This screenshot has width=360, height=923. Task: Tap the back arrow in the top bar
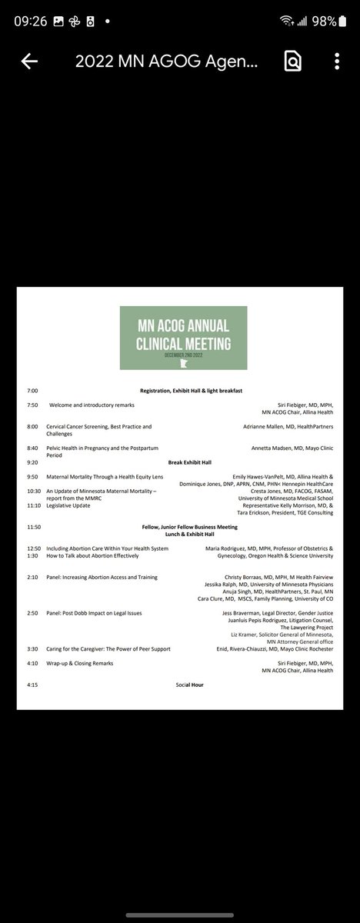coord(29,62)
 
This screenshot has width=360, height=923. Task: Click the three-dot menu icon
coord(337,62)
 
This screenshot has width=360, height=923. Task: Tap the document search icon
coord(292,62)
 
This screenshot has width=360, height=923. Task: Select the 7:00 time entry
coord(32,391)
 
